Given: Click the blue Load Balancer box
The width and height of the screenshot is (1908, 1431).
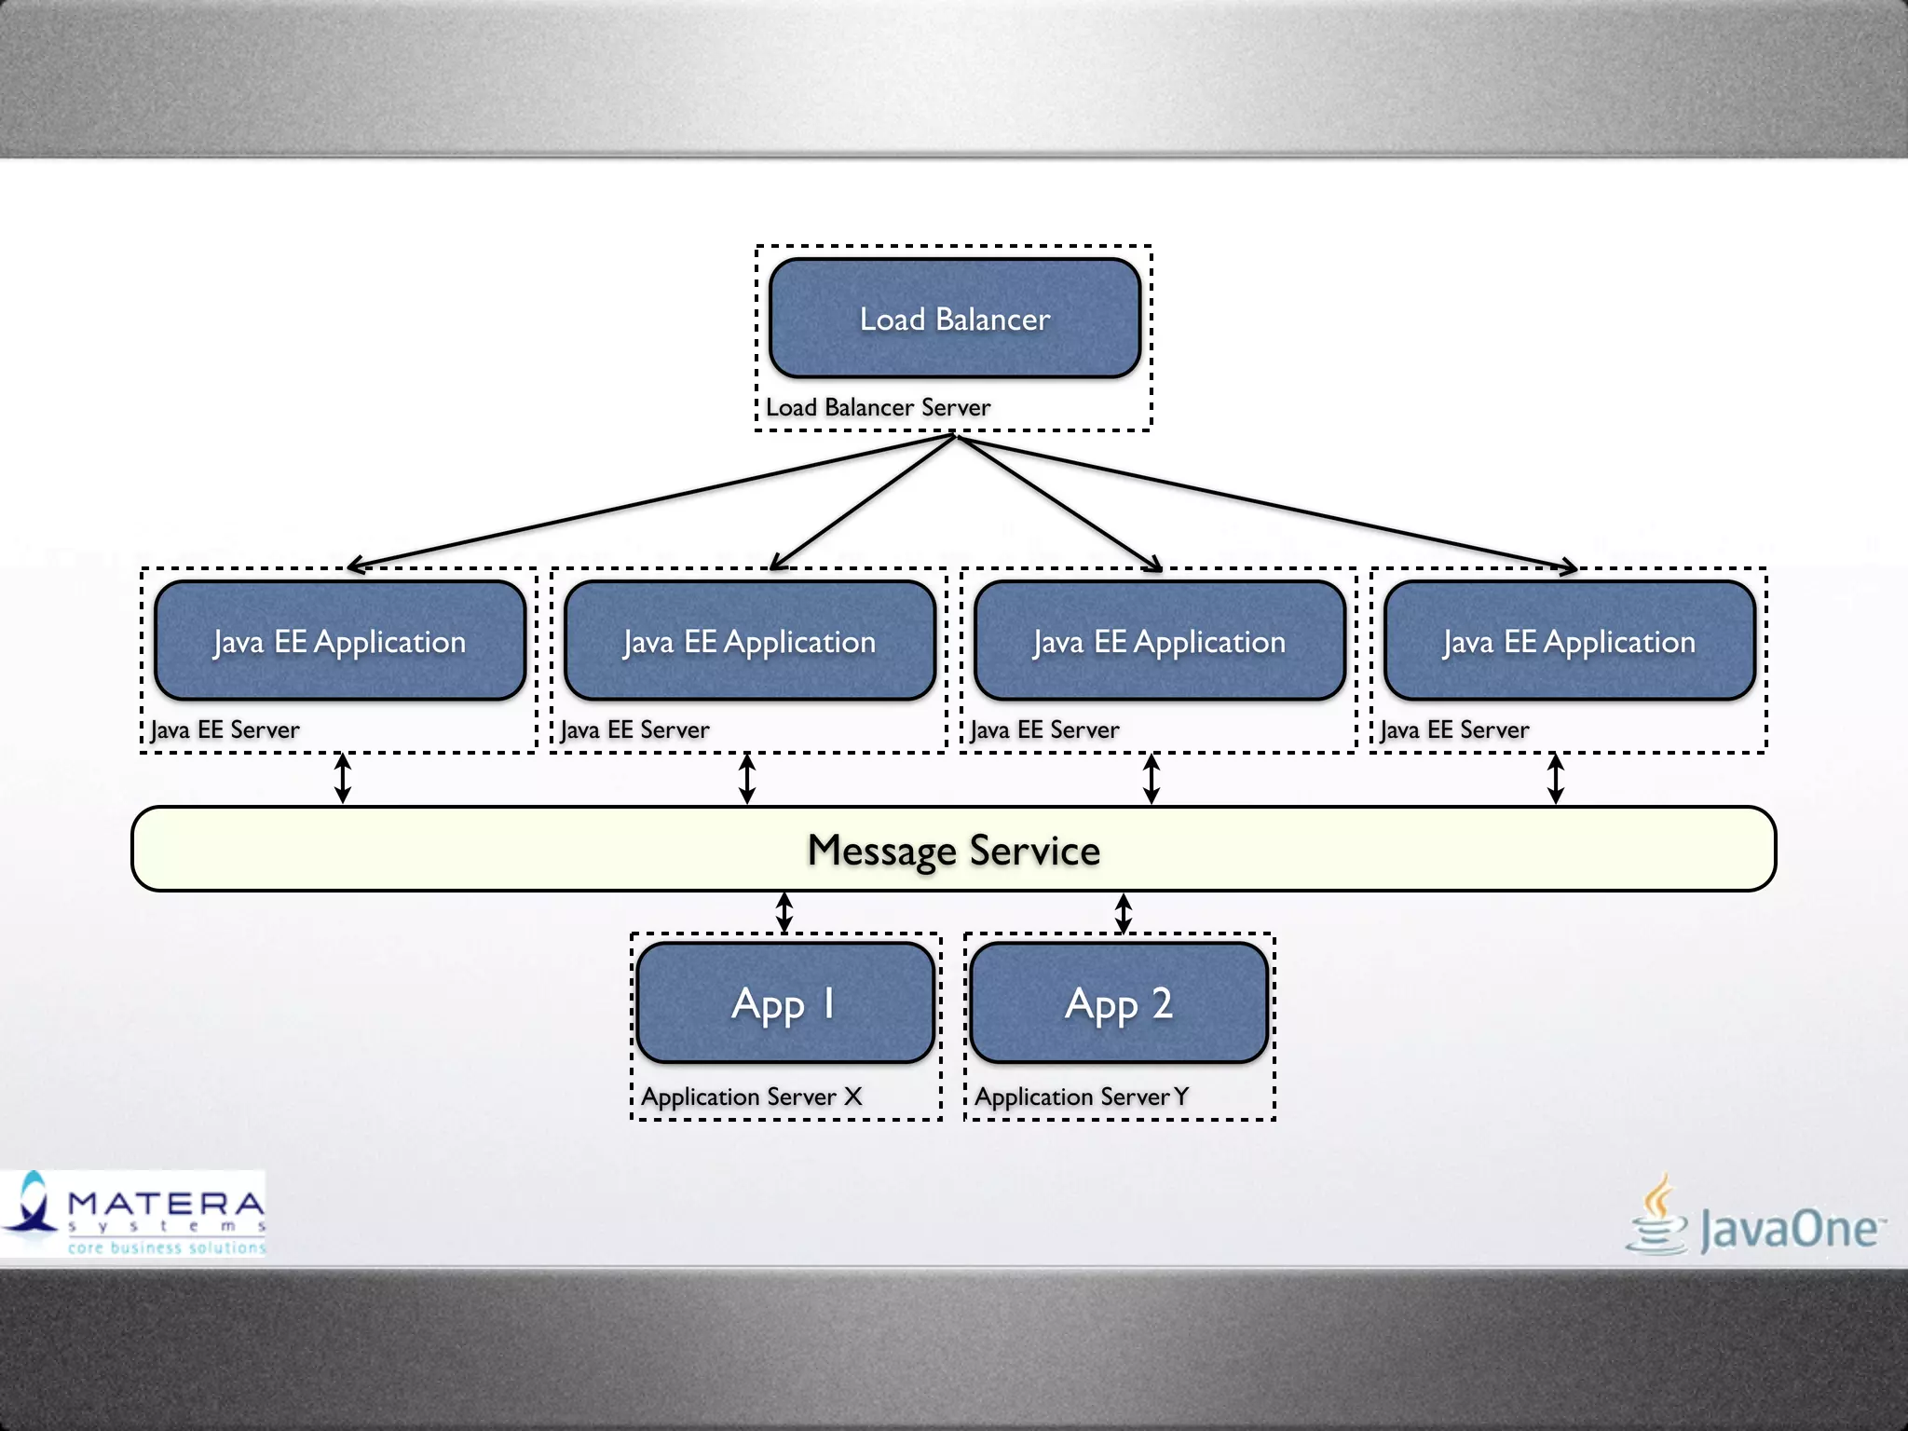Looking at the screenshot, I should tap(955, 319).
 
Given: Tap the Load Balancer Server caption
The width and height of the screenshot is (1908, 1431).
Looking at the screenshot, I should tap(878, 408).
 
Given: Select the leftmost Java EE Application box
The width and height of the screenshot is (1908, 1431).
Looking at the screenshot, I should tap(340, 641).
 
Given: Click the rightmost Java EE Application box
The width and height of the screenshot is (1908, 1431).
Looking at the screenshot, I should tap(1570, 641).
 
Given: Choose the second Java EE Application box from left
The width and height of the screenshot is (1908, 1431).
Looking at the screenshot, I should tap(750, 641).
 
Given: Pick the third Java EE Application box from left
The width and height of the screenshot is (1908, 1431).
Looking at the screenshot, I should tap(1160, 641).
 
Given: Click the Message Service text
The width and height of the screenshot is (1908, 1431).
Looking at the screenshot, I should tap(954, 851).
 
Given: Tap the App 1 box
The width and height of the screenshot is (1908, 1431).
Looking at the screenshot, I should tap(785, 1003).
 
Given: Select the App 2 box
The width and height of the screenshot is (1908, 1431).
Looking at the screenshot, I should tap(1119, 1003).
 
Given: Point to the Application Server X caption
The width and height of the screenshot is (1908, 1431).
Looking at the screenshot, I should tap(752, 1097).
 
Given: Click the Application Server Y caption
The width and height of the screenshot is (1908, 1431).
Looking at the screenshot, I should tap(1082, 1097).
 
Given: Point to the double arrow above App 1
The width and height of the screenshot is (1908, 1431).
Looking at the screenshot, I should tap(784, 913).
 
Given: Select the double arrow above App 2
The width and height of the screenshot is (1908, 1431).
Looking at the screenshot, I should tap(1124, 913).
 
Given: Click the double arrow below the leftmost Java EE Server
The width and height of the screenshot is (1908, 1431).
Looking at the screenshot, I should tap(343, 779).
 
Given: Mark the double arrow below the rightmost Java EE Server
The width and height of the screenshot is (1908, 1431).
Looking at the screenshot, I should tap(1556, 779).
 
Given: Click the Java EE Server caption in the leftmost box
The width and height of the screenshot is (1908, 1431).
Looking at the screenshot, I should tap(225, 730).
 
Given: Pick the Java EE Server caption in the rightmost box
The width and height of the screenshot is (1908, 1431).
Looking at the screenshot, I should tap(1455, 730).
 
